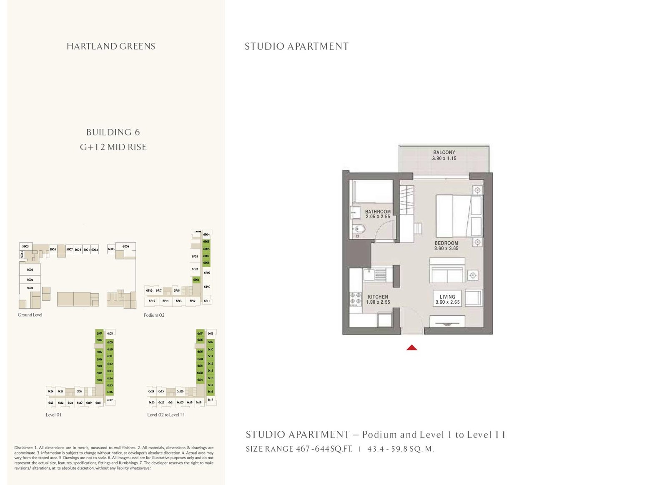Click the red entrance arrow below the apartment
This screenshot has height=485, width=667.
click(x=411, y=347)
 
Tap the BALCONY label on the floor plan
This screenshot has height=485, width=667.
click(x=444, y=152)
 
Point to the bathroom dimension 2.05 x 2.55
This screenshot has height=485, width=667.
click(x=378, y=217)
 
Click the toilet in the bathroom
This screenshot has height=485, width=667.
click(x=359, y=229)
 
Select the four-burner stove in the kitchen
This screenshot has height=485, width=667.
click(x=356, y=298)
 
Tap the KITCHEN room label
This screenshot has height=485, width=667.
click(x=378, y=297)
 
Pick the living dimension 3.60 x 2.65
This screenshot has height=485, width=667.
click(x=447, y=302)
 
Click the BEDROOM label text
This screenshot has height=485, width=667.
click(x=446, y=243)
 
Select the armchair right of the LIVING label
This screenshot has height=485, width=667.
click(x=473, y=298)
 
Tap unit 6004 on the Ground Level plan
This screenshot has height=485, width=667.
click(x=125, y=247)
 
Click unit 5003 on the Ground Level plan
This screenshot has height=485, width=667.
click(x=30, y=270)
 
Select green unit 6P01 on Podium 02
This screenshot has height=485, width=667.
click(x=196, y=280)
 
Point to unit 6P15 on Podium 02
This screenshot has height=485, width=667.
click(x=152, y=301)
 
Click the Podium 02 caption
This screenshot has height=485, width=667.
click(x=154, y=315)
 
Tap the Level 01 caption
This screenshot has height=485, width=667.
click(x=54, y=415)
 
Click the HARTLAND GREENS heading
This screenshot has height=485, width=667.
click(x=111, y=46)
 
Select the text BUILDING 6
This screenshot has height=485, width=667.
click(x=113, y=132)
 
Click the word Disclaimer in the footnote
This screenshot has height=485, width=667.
click(x=23, y=448)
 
